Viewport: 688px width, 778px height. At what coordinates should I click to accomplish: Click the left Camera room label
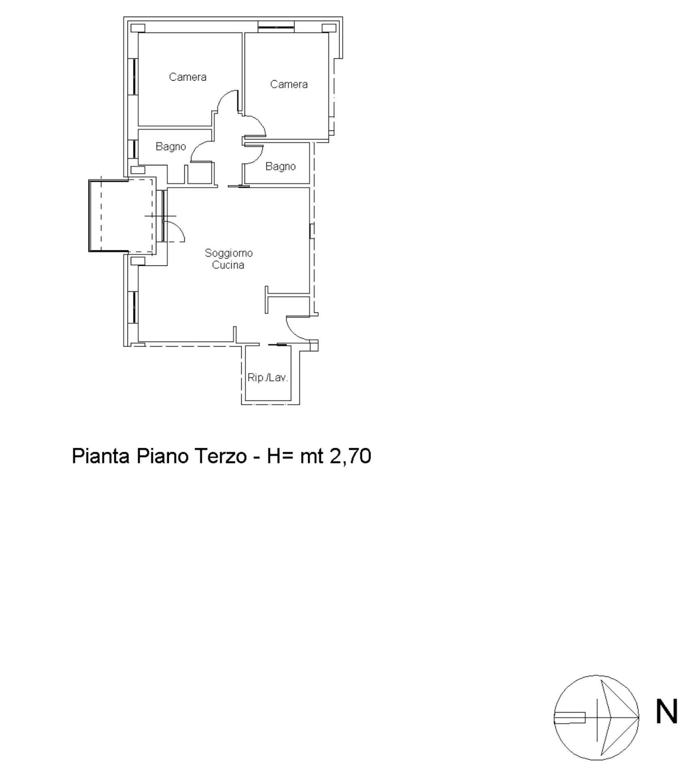(x=187, y=77)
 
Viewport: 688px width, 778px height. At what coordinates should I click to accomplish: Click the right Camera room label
(x=289, y=84)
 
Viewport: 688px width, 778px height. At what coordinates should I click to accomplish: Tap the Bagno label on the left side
(x=170, y=147)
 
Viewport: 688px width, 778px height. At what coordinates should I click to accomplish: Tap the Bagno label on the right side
(x=280, y=167)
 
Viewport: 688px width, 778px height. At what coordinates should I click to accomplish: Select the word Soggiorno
(x=228, y=253)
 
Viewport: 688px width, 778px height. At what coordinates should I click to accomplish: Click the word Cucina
(x=228, y=265)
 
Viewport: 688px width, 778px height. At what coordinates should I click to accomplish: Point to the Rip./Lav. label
(x=267, y=378)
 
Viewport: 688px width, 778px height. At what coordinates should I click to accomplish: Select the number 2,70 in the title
(x=351, y=456)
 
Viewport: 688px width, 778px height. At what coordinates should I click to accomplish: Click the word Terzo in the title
(x=221, y=456)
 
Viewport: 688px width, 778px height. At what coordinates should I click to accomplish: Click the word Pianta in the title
(x=100, y=456)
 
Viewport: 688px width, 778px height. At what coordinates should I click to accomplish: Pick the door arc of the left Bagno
(x=197, y=148)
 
